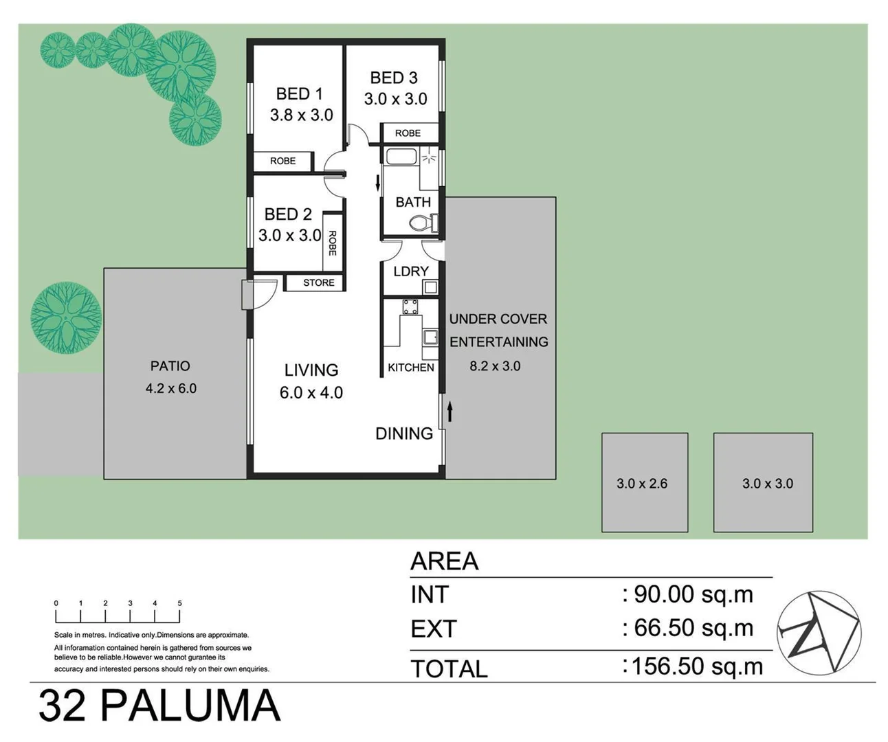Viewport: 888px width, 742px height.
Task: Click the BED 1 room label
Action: point(299,94)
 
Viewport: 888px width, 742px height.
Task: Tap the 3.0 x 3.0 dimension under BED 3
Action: point(395,99)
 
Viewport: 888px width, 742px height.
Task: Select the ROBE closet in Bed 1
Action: point(282,161)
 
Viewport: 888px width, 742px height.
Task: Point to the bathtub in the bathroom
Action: point(401,157)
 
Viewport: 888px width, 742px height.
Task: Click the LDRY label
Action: point(410,271)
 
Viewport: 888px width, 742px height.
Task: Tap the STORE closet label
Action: point(318,282)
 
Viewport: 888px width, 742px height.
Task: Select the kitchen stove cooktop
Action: point(410,307)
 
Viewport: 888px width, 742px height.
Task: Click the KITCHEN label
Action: point(410,368)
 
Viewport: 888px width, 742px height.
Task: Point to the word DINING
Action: point(403,434)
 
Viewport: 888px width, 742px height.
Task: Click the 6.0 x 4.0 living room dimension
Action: point(311,393)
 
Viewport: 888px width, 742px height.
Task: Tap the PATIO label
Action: point(170,366)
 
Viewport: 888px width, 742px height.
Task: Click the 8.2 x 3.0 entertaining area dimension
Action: point(495,366)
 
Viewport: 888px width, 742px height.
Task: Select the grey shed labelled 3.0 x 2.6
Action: point(644,483)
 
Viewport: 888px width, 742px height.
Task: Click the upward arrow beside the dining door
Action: point(450,411)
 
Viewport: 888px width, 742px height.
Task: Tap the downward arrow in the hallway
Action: point(377,183)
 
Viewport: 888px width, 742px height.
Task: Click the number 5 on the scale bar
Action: point(179,603)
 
